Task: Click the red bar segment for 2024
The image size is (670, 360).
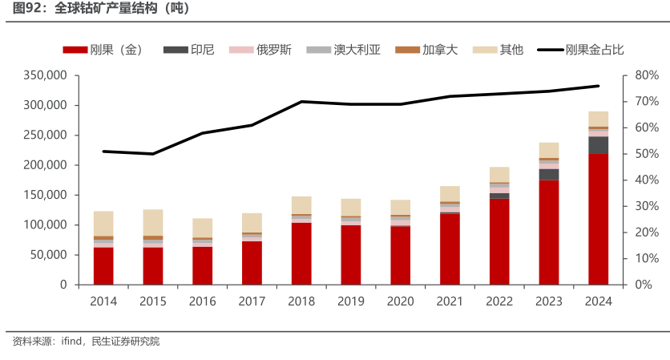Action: pos(598,219)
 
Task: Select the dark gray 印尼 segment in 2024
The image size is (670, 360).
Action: pos(598,145)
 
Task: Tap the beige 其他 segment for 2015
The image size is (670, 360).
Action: pos(153,222)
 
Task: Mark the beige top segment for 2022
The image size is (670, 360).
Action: pos(499,174)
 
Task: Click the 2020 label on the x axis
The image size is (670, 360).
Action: pos(401,301)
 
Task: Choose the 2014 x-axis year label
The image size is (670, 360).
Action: pos(103,301)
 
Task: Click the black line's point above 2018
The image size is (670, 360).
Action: pos(301,102)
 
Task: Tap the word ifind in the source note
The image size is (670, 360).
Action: pos(72,342)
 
